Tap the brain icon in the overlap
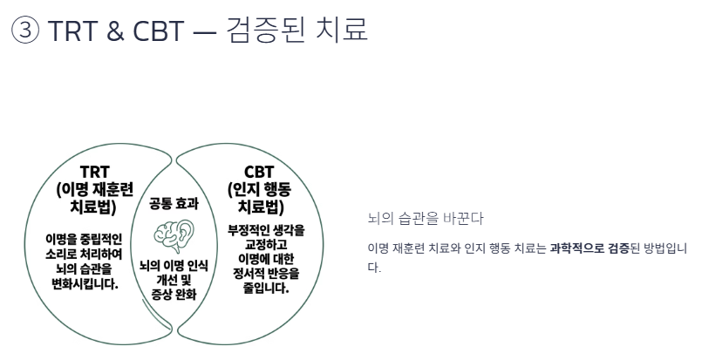(174, 234)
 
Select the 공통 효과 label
(174, 204)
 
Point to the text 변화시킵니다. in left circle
(85, 283)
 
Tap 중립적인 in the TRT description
(100, 238)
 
